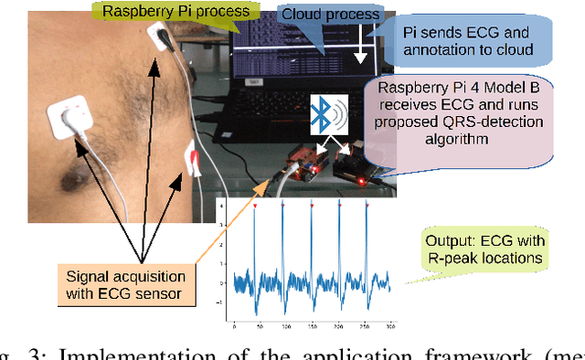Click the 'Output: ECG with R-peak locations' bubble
coord(485,250)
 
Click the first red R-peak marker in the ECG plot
coord(257,207)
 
